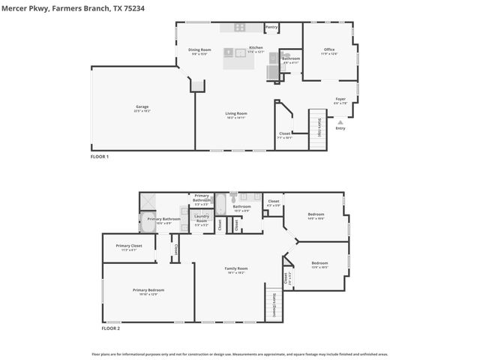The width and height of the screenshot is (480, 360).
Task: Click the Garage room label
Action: pyautogui.click(x=142, y=109)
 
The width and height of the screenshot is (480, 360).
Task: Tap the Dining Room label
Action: pyautogui.click(x=199, y=51)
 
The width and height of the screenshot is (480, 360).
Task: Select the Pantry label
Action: pyautogui.click(x=271, y=28)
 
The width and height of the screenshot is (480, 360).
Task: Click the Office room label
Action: pyautogui.click(x=329, y=51)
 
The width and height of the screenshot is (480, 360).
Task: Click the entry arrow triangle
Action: pyautogui.click(x=340, y=121)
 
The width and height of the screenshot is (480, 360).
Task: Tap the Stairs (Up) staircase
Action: pyautogui.click(x=319, y=127)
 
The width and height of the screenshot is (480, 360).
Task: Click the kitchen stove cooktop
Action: pyautogui.click(x=240, y=28)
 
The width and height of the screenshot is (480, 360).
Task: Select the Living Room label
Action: pyautogui.click(x=236, y=115)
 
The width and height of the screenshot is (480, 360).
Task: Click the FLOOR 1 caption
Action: pyautogui.click(x=100, y=156)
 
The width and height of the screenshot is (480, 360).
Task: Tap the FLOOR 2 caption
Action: pyautogui.click(x=111, y=328)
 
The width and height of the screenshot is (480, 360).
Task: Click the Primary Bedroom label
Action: pyautogui.click(x=148, y=291)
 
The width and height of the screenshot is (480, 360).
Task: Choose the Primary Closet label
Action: pyautogui.click(x=129, y=247)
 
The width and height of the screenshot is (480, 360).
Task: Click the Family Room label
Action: pyautogui.click(x=236, y=269)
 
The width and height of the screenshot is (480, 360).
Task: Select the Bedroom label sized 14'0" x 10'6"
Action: pyautogui.click(x=316, y=217)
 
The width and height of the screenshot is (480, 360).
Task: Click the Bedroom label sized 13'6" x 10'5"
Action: pyautogui.click(x=319, y=264)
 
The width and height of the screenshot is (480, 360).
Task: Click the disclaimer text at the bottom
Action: pyautogui.click(x=240, y=353)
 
